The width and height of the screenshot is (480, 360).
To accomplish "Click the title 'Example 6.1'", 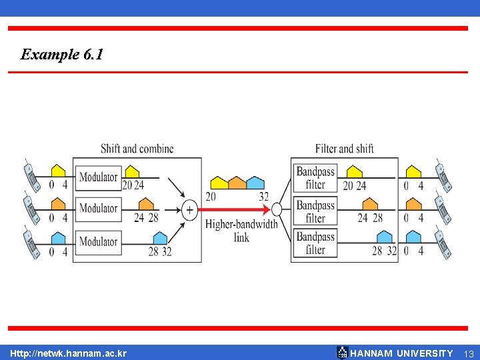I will coord(62,55).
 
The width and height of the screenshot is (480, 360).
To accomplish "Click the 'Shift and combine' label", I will coord(137,148).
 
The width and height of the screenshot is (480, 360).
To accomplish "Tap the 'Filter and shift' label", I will coord(344,148).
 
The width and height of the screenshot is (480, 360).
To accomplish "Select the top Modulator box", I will coord(98,177).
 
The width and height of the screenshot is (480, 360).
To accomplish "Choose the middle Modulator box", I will coord(98,209).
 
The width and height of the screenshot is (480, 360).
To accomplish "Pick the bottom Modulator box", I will coord(98,241).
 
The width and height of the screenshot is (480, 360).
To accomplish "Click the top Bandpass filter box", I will coord(315,177).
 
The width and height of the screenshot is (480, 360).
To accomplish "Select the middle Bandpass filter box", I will coord(315,211).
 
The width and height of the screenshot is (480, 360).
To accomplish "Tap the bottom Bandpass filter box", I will coord(315,243).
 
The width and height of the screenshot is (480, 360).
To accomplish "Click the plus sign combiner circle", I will coord(189,210).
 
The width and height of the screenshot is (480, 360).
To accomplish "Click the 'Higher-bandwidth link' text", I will coord(241,230).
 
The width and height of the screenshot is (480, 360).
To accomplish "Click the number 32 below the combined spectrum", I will coord(263,197).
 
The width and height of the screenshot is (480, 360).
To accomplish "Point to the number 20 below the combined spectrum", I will coord(211,197).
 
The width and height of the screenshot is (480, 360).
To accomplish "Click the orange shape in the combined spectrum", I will coord(237,183).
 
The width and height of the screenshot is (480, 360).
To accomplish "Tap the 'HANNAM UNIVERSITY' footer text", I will coord(401,353).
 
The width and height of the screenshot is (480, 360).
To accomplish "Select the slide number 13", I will coord(469,353).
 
